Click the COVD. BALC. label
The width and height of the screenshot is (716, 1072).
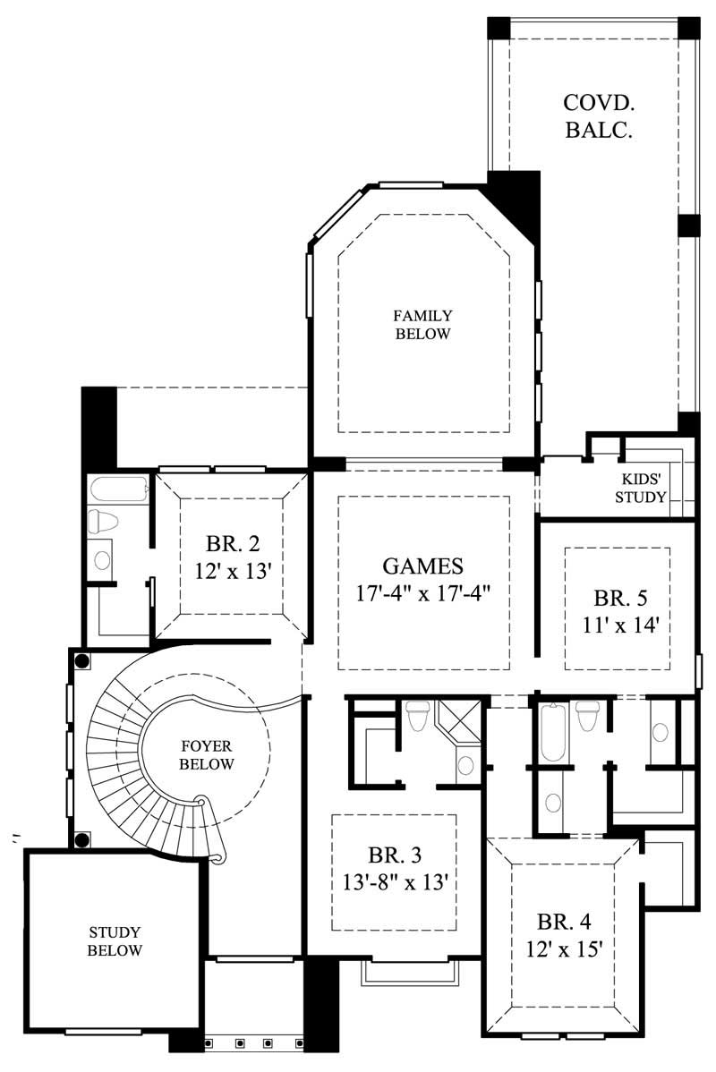tap(599, 116)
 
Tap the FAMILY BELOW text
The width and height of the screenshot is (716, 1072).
tap(422, 325)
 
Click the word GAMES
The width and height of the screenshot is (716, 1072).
tap(422, 566)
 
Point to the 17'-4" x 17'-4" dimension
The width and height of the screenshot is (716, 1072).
tap(422, 591)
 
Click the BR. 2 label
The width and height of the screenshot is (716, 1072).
tap(232, 545)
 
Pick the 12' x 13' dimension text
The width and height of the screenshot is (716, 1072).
tap(232, 571)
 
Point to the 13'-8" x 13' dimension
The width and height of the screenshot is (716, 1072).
tap(394, 881)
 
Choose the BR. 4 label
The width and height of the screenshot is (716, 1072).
tap(563, 921)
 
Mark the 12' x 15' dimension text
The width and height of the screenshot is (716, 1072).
tap(563, 949)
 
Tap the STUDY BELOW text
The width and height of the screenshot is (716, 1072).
tap(115, 941)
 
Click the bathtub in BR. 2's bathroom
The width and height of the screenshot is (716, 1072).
tap(118, 490)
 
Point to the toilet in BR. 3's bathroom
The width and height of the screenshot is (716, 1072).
tap(418, 716)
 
